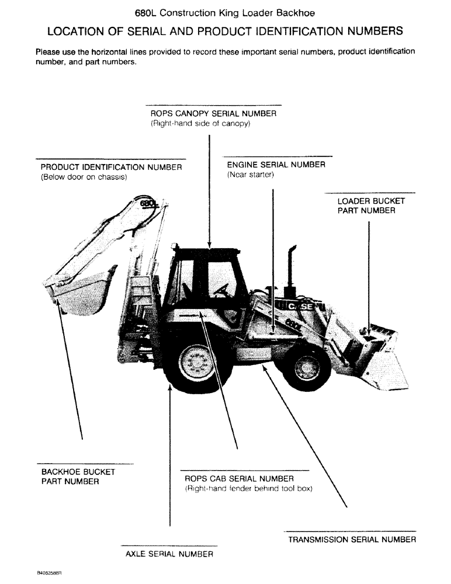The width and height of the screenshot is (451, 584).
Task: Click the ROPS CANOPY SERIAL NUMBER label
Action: [213, 113]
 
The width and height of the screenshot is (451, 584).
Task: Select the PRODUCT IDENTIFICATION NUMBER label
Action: [111, 167]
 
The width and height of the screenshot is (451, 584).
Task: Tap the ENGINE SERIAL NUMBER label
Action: [276, 165]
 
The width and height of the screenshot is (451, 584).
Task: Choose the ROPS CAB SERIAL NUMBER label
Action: [239, 479]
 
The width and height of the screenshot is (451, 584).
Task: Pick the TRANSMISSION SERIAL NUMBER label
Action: [352, 540]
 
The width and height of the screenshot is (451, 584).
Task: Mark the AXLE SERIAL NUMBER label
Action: [169, 554]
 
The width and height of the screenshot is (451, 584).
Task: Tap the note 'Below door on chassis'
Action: [84, 177]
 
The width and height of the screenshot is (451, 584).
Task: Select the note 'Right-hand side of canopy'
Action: [200, 124]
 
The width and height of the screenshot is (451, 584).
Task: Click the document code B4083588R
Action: [48, 573]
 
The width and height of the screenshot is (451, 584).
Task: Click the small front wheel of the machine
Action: [305, 367]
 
